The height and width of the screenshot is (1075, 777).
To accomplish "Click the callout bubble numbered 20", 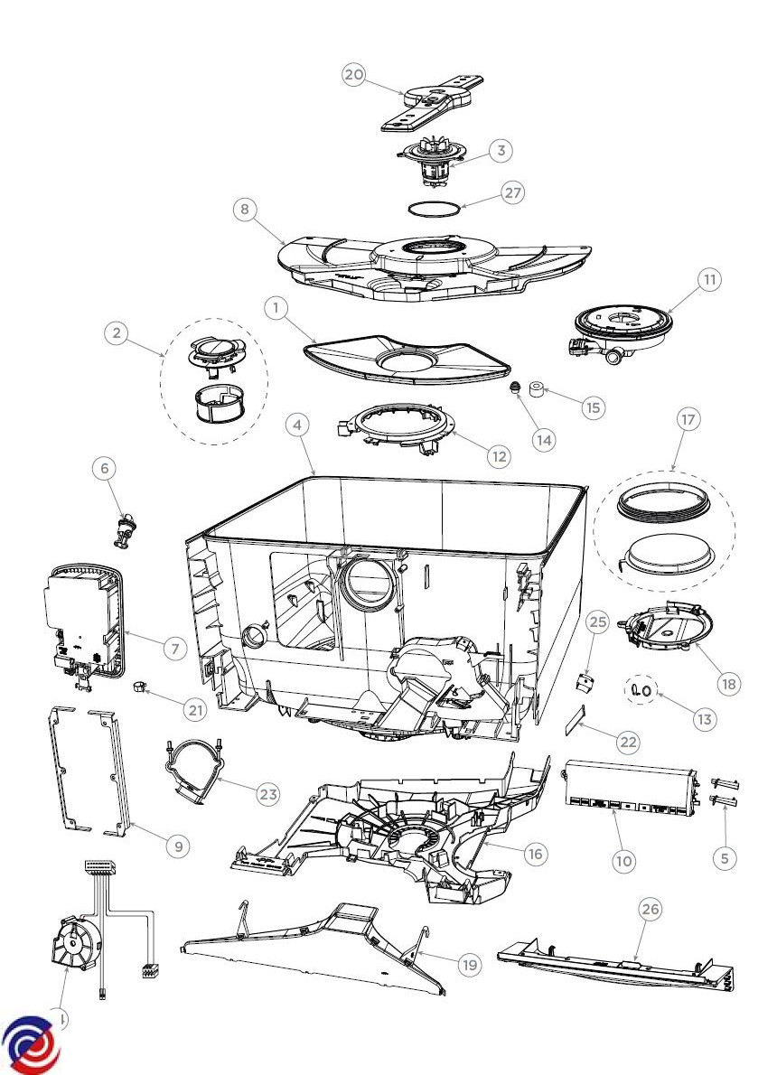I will point(353,75).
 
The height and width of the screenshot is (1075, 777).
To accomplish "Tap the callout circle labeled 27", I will point(512,193).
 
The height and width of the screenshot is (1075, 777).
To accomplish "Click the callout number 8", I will point(243,210).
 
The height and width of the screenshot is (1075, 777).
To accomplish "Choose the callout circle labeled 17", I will point(688,419).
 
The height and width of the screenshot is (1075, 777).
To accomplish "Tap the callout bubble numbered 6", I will point(105,468).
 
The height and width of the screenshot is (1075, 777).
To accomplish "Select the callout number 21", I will point(195,710).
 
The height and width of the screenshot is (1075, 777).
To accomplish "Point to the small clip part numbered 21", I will point(140,689).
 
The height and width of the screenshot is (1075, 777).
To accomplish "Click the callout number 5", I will point(725,859).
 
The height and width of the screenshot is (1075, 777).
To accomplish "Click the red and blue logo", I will point(29,1046).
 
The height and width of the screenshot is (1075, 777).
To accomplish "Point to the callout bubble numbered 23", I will point(267,795).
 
